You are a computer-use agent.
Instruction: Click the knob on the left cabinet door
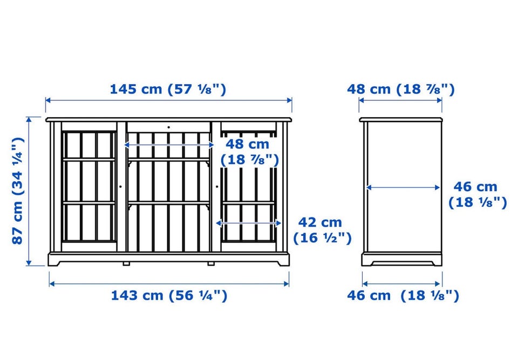pyautogui.click(x=120, y=187)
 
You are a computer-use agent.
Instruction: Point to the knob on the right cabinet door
pyautogui.click(x=217, y=187)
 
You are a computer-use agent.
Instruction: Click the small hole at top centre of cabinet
pyautogui.click(x=168, y=127)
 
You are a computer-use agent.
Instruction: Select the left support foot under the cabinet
pyautogui.click(x=126, y=264)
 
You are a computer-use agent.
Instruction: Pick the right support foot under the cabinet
pyautogui.click(x=211, y=264)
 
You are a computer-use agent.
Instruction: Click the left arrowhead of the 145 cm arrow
pyautogui.click(x=48, y=100)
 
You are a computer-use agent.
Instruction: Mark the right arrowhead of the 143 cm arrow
pyautogui.click(x=286, y=284)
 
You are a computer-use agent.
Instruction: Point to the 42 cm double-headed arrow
pyautogui.click(x=248, y=223)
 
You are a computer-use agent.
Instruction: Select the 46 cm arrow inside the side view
pyautogui.click(x=403, y=188)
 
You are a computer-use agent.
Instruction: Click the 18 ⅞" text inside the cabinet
pyautogui.click(x=250, y=160)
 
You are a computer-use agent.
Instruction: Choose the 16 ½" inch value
pyautogui.click(x=322, y=238)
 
